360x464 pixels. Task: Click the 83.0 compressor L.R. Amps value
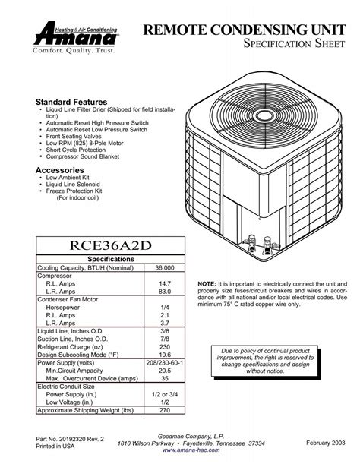tap(163, 292)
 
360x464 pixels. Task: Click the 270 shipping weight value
tap(163, 409)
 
